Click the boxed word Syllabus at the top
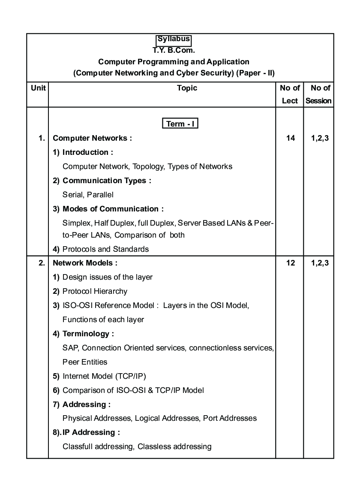pos(174,39)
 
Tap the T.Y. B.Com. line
pos(174,50)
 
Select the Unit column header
pos(38,88)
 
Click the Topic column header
pos(187,88)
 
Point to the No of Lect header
pos(290,94)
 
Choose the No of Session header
pos(318,94)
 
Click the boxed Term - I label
pos(180,124)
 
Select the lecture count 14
pos(290,138)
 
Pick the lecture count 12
pos(290,263)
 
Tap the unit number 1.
pos(42,138)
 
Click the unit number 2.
pos(42,263)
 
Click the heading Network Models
pos(85,263)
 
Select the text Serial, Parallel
pos(88,195)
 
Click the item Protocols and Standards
pos(105,249)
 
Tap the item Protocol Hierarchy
pos(95,291)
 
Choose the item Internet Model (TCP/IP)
pos(104,376)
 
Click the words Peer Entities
pos(85,362)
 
